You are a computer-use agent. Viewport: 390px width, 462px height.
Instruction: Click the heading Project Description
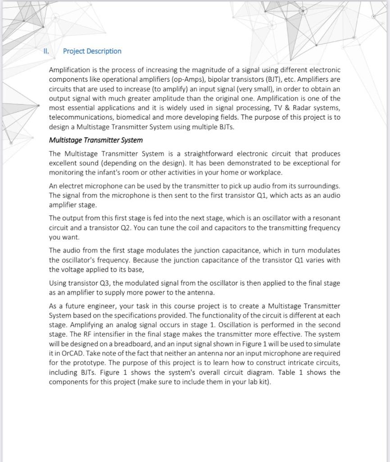coord(92,51)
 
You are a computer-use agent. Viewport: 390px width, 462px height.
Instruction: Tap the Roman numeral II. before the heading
coord(46,51)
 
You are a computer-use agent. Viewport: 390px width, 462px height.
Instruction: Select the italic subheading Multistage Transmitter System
coord(95,140)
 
